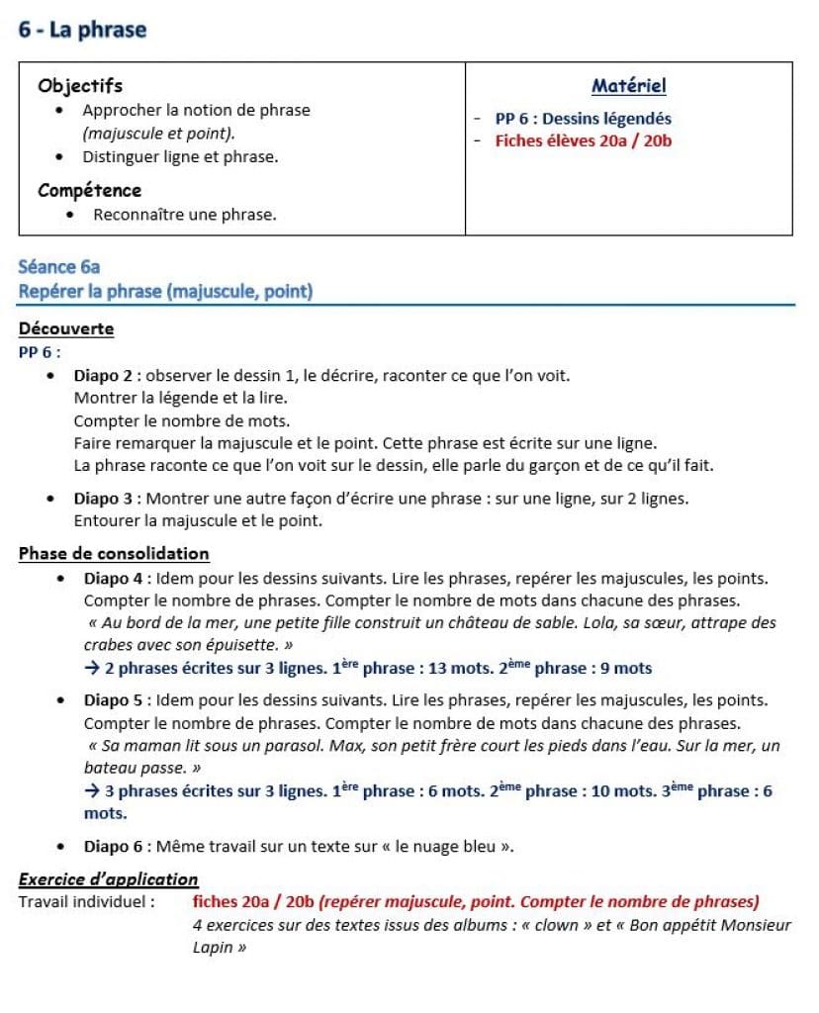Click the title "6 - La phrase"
click(82, 30)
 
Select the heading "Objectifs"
click(80, 86)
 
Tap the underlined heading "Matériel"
click(628, 86)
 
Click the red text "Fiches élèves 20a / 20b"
click(584, 140)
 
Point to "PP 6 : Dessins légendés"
click(583, 119)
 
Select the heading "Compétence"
click(90, 190)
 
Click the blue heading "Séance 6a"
click(59, 267)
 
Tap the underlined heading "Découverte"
click(66, 329)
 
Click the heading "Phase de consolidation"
click(114, 554)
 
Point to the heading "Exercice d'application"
click(109, 879)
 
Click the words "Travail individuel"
click(84, 901)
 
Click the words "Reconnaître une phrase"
click(184, 215)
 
